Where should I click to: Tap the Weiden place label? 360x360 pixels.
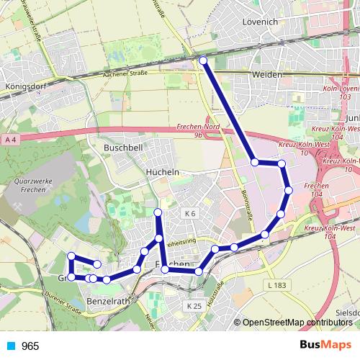coord(266,75)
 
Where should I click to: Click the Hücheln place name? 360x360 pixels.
coord(162,173)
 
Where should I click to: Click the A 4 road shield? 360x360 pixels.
coord(9,138)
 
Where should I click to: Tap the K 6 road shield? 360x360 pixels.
coord(190,213)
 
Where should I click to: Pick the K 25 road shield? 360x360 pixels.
coord(193,306)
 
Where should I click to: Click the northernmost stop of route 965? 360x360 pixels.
coord(203,61)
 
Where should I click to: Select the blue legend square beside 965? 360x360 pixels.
coord(9,346)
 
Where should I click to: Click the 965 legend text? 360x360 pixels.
coord(30,346)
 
